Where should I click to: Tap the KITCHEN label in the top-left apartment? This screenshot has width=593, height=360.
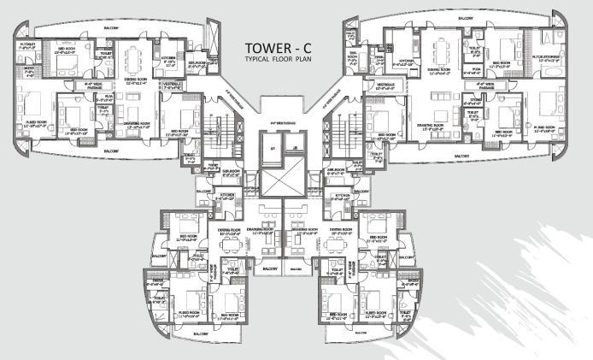point(167,61)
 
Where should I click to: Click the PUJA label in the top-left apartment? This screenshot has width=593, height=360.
point(100,97)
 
